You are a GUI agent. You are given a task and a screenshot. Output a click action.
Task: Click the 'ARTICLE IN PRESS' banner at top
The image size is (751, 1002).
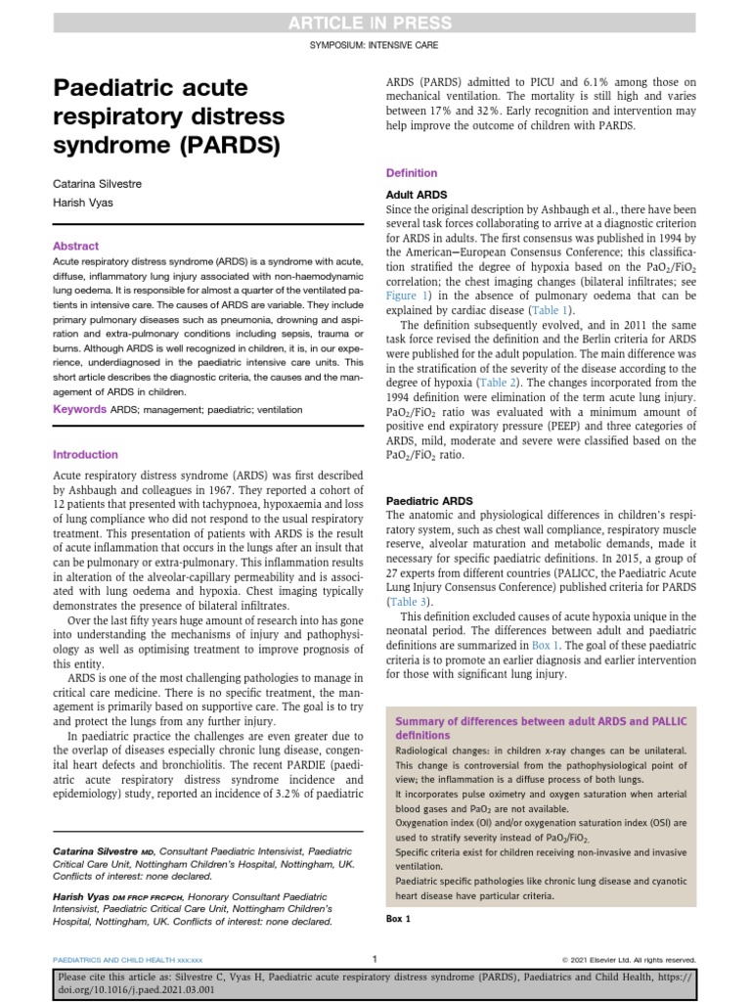(x=375, y=23)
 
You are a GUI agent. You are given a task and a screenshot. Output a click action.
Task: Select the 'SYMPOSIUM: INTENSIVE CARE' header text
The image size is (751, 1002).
(x=375, y=45)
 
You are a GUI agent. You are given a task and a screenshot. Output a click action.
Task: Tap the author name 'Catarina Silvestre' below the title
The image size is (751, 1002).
(x=96, y=183)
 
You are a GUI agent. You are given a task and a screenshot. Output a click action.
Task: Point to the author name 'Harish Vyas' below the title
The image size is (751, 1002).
(x=79, y=204)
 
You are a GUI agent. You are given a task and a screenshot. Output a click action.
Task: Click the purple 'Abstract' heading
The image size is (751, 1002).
(x=75, y=247)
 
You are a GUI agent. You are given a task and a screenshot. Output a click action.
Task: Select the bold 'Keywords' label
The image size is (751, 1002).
(x=79, y=409)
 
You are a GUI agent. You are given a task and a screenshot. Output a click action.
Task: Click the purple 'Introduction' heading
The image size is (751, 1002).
(x=85, y=455)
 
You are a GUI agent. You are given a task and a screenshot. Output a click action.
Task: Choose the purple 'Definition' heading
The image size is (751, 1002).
(x=413, y=173)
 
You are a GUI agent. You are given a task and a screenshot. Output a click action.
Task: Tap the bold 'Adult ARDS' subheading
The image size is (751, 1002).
(x=418, y=195)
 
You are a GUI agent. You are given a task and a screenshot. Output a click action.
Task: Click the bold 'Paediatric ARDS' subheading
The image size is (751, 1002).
(x=429, y=500)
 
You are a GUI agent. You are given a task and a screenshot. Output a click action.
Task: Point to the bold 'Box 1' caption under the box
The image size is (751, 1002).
(x=399, y=919)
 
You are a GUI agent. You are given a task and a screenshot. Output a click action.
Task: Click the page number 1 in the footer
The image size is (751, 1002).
(x=375, y=959)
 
